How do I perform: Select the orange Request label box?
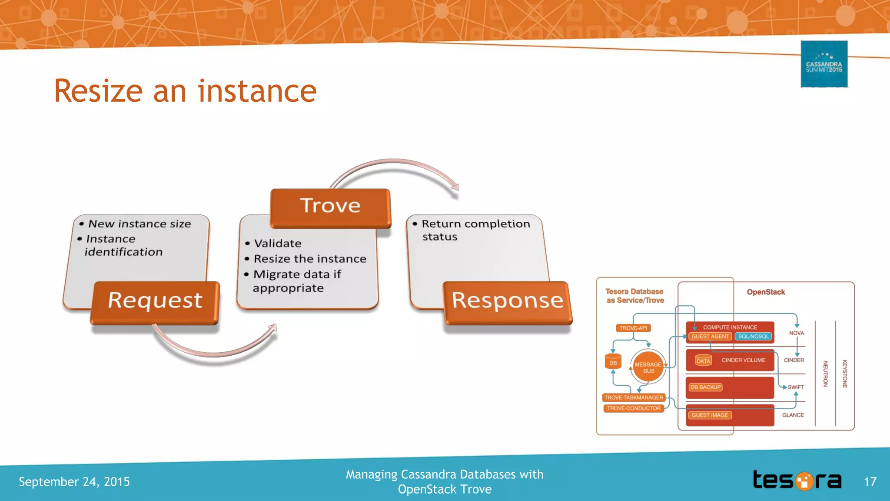coord(155,302)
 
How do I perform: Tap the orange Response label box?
coord(508,302)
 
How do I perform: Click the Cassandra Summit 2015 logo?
coord(824,64)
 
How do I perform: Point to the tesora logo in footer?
coord(797,481)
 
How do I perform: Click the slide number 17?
coord(870,482)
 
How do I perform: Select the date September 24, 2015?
coord(74,482)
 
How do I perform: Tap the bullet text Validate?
coord(278,244)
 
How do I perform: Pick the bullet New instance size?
coord(139,224)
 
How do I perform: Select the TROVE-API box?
coord(633,328)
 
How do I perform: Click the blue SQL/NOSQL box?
coord(753,337)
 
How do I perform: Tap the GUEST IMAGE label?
coord(710,415)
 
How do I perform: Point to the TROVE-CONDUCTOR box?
coord(634,408)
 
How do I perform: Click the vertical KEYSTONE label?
coord(845,374)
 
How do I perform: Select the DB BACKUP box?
coord(705,387)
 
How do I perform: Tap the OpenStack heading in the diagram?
coord(766,292)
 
